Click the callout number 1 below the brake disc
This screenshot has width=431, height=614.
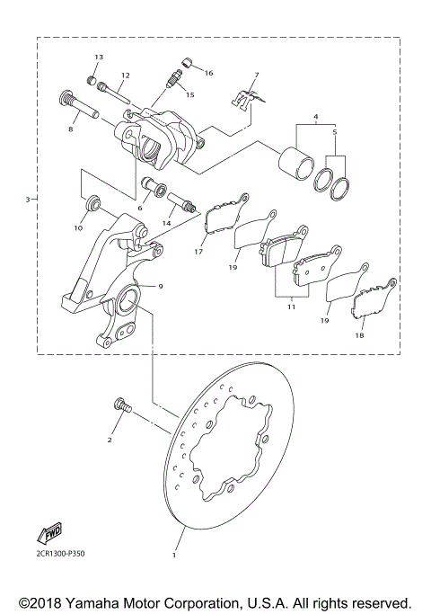pyautogui.click(x=174, y=556)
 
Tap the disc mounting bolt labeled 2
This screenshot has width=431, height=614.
pyautogui.click(x=120, y=406)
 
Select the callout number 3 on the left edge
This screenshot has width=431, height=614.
pyautogui.click(x=28, y=199)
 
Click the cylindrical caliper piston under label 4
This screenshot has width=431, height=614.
pyautogui.click(x=295, y=163)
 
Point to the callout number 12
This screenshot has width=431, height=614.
pyautogui.click(x=125, y=75)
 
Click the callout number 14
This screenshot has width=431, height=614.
pyautogui.click(x=167, y=222)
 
